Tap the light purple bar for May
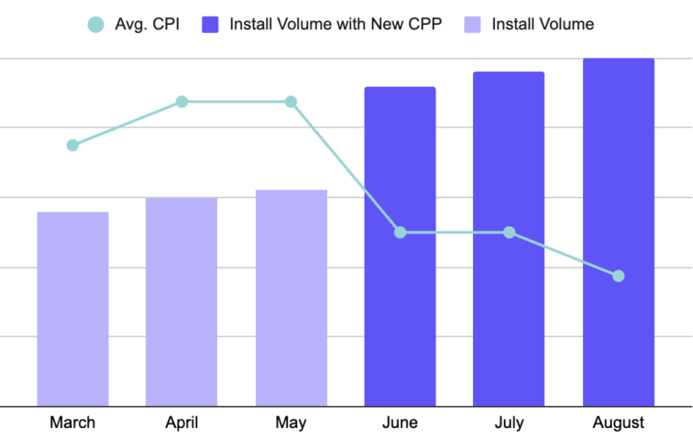pyautogui.click(x=291, y=297)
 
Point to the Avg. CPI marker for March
pyautogui.click(x=72, y=145)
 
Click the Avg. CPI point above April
pyautogui.click(x=181, y=102)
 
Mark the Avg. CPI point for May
pyautogui.click(x=291, y=102)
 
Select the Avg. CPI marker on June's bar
pyautogui.click(x=400, y=233)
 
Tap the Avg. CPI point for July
pyautogui.click(x=509, y=233)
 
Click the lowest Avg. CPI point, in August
pyautogui.click(x=618, y=276)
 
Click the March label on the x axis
pyautogui.click(x=72, y=423)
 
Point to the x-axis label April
pyautogui.click(x=181, y=423)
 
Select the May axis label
pyautogui.click(x=291, y=423)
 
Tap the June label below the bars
pyautogui.click(x=400, y=423)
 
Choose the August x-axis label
pyautogui.click(x=618, y=423)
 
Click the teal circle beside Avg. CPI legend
pyautogui.click(x=95, y=25)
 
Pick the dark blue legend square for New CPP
pyautogui.click(x=211, y=25)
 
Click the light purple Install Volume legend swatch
pyautogui.click(x=473, y=25)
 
